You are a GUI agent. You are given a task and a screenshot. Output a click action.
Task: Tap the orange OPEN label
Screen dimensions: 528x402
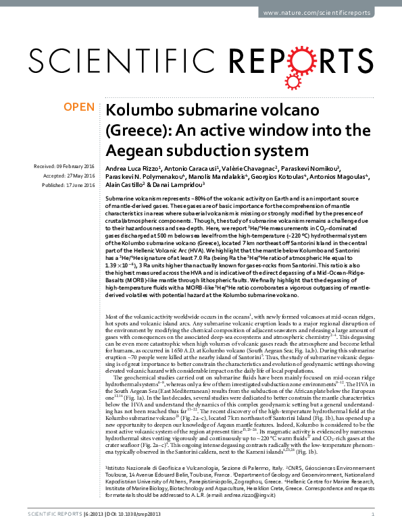79,107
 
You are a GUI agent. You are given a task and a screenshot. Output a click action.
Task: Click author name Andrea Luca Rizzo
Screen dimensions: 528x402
134,167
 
